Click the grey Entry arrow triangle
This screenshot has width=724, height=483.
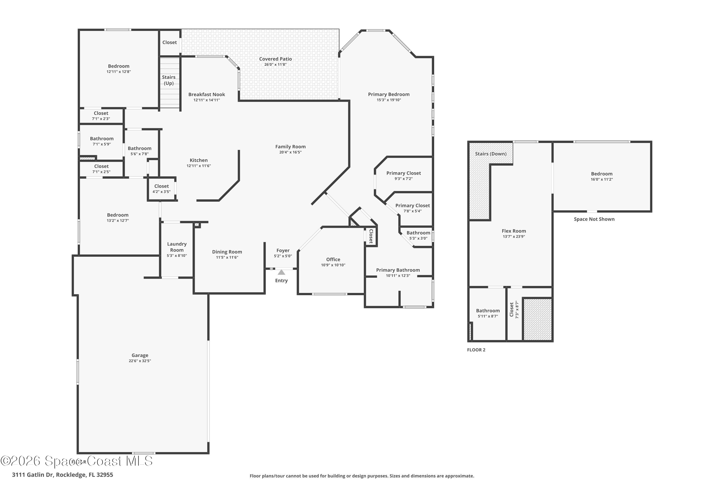click(x=281, y=272)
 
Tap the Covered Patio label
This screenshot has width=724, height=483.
click(x=275, y=59)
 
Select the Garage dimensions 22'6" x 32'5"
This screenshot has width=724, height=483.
click(x=140, y=361)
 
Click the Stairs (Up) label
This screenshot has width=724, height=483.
click(x=169, y=80)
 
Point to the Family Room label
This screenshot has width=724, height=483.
click(x=290, y=147)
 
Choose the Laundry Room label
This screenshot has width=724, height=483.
click(x=177, y=247)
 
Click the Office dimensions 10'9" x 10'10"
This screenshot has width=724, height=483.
click(x=333, y=265)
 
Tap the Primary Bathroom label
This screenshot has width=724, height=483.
click(x=398, y=270)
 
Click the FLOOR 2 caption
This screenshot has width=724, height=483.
click(x=476, y=350)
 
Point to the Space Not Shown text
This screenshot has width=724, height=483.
click(x=594, y=219)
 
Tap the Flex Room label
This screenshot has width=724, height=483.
click(x=514, y=231)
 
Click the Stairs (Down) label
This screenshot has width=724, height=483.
click(x=490, y=154)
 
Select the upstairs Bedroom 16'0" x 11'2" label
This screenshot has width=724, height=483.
click(x=601, y=174)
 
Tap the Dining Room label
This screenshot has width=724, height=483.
click(x=227, y=252)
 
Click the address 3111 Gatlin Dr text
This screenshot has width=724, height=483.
click(x=63, y=475)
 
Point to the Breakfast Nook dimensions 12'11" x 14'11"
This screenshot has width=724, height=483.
click(x=207, y=100)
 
